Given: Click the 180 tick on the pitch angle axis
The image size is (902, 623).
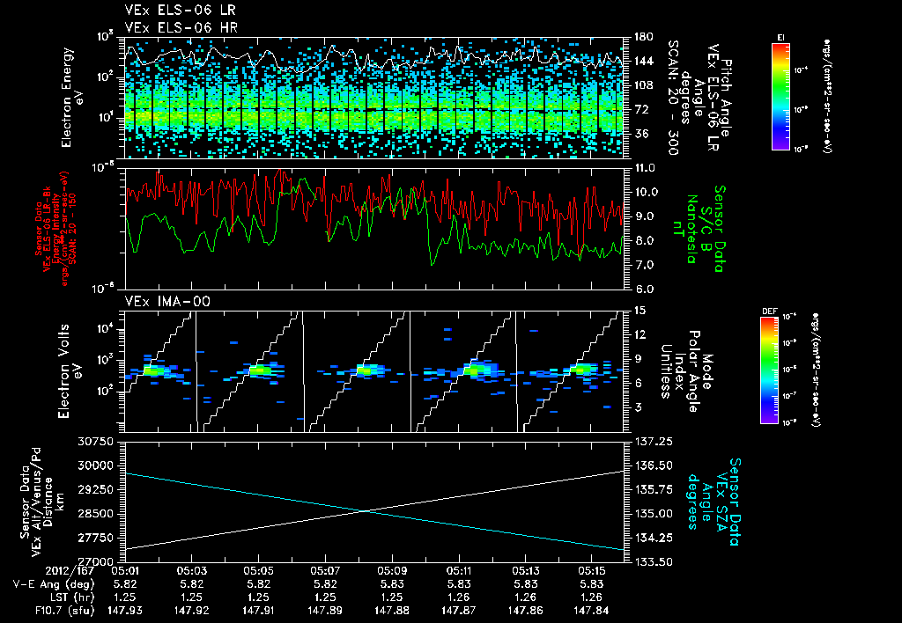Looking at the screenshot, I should [643, 37].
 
